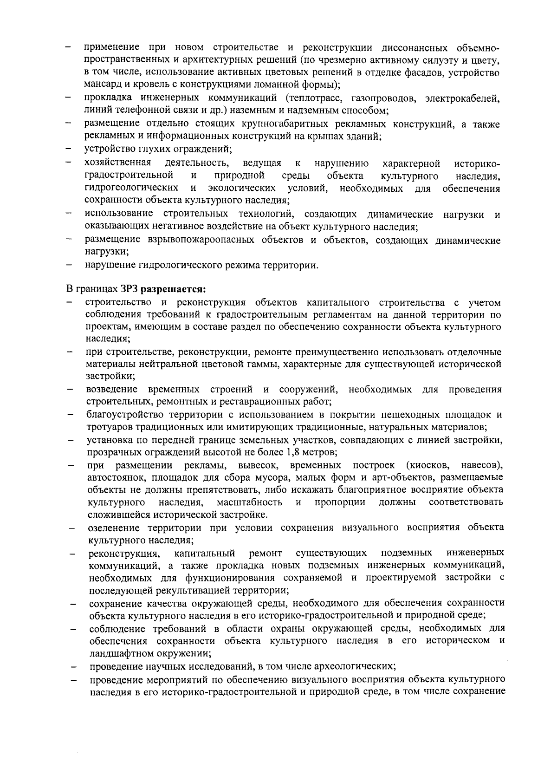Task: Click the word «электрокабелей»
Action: point(462,98)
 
